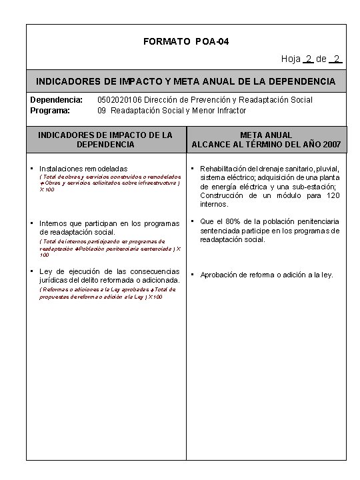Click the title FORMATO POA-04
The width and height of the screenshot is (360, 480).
point(186,42)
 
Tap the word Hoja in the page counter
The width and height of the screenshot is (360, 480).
point(291,59)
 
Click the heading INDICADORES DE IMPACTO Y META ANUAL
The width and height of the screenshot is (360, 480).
point(186,81)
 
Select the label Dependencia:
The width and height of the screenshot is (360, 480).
point(57,100)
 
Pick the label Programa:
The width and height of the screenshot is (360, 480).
point(51,110)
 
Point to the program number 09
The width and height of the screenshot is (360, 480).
point(102,110)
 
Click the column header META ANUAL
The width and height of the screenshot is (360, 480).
point(266,135)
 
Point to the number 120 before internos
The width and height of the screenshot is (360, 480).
point(333,195)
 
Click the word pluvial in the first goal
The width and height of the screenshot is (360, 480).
point(328,168)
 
